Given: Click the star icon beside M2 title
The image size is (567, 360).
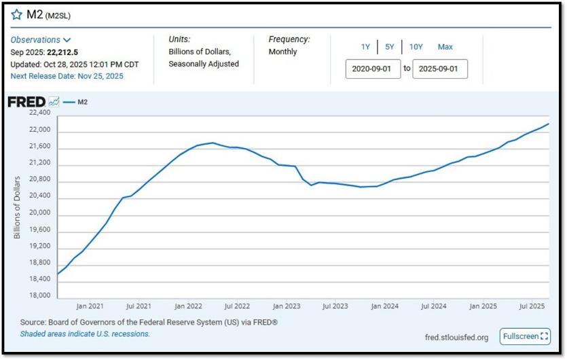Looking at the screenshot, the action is pyautogui.click(x=16, y=14).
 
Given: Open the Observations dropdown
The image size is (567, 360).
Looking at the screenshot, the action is pyautogui.click(x=41, y=40).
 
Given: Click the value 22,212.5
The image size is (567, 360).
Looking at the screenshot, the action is pyautogui.click(x=62, y=52).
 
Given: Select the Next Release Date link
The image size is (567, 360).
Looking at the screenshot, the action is pyautogui.click(x=67, y=76).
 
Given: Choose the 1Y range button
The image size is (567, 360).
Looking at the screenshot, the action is pyautogui.click(x=365, y=47).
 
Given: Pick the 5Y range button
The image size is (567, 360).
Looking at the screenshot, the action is pyautogui.click(x=390, y=47).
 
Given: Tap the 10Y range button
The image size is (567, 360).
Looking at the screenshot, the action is pyautogui.click(x=416, y=47).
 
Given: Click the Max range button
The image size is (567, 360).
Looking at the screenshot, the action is pyautogui.click(x=445, y=47).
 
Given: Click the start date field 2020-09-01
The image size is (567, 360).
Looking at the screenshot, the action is pyautogui.click(x=373, y=69).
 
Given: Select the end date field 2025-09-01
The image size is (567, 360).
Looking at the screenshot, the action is pyautogui.click(x=440, y=69).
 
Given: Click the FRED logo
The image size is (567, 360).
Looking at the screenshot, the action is pyautogui.click(x=26, y=102).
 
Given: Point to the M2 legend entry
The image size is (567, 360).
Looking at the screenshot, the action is pyautogui.click(x=75, y=102).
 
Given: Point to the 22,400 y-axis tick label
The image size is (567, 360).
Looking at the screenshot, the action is pyautogui.click(x=40, y=113).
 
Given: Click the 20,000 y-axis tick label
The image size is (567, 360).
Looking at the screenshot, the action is pyautogui.click(x=40, y=213).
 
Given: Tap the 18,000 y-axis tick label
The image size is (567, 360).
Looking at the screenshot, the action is pyautogui.click(x=40, y=295).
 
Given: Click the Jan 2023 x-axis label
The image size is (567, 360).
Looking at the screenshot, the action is pyautogui.click(x=287, y=306).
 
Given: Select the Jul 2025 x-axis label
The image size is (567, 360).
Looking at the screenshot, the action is pyautogui.click(x=532, y=306).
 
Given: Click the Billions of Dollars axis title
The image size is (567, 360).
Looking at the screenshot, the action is pyautogui.click(x=17, y=208).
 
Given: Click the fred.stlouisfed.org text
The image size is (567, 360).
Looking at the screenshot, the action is pyautogui.click(x=456, y=338).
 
